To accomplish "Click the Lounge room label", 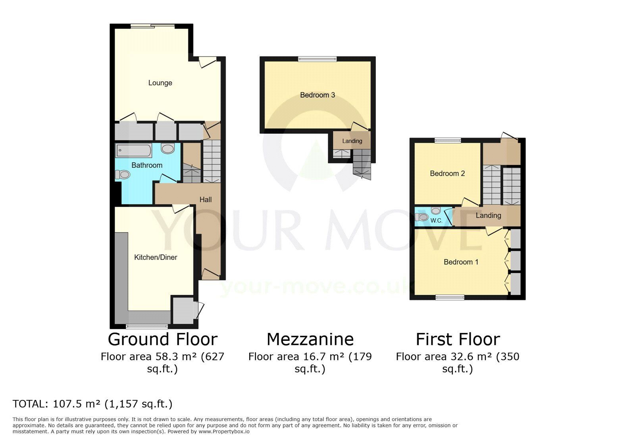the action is [160, 83].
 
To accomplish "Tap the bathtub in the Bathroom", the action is [133, 150].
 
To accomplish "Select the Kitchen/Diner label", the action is [156, 257].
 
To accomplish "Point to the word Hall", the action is [206, 200].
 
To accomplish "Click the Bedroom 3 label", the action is [317, 95].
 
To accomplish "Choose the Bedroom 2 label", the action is [447, 173].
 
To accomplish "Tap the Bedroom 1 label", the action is [461, 262].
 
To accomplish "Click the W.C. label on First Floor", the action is [436, 221].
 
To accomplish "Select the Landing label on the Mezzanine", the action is [352, 141].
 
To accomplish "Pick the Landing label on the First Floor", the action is [488, 215].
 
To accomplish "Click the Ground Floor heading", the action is [162, 339].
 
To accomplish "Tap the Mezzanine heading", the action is [310, 339].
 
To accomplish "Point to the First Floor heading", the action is [458, 339].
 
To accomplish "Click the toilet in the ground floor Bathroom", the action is [123, 175].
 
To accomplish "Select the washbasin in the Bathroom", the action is [167, 148].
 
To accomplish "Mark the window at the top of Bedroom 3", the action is [317, 59].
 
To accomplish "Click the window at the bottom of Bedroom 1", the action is [450, 297].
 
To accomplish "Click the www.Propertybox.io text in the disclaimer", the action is [224, 432].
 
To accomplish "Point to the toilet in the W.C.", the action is [421, 217].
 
